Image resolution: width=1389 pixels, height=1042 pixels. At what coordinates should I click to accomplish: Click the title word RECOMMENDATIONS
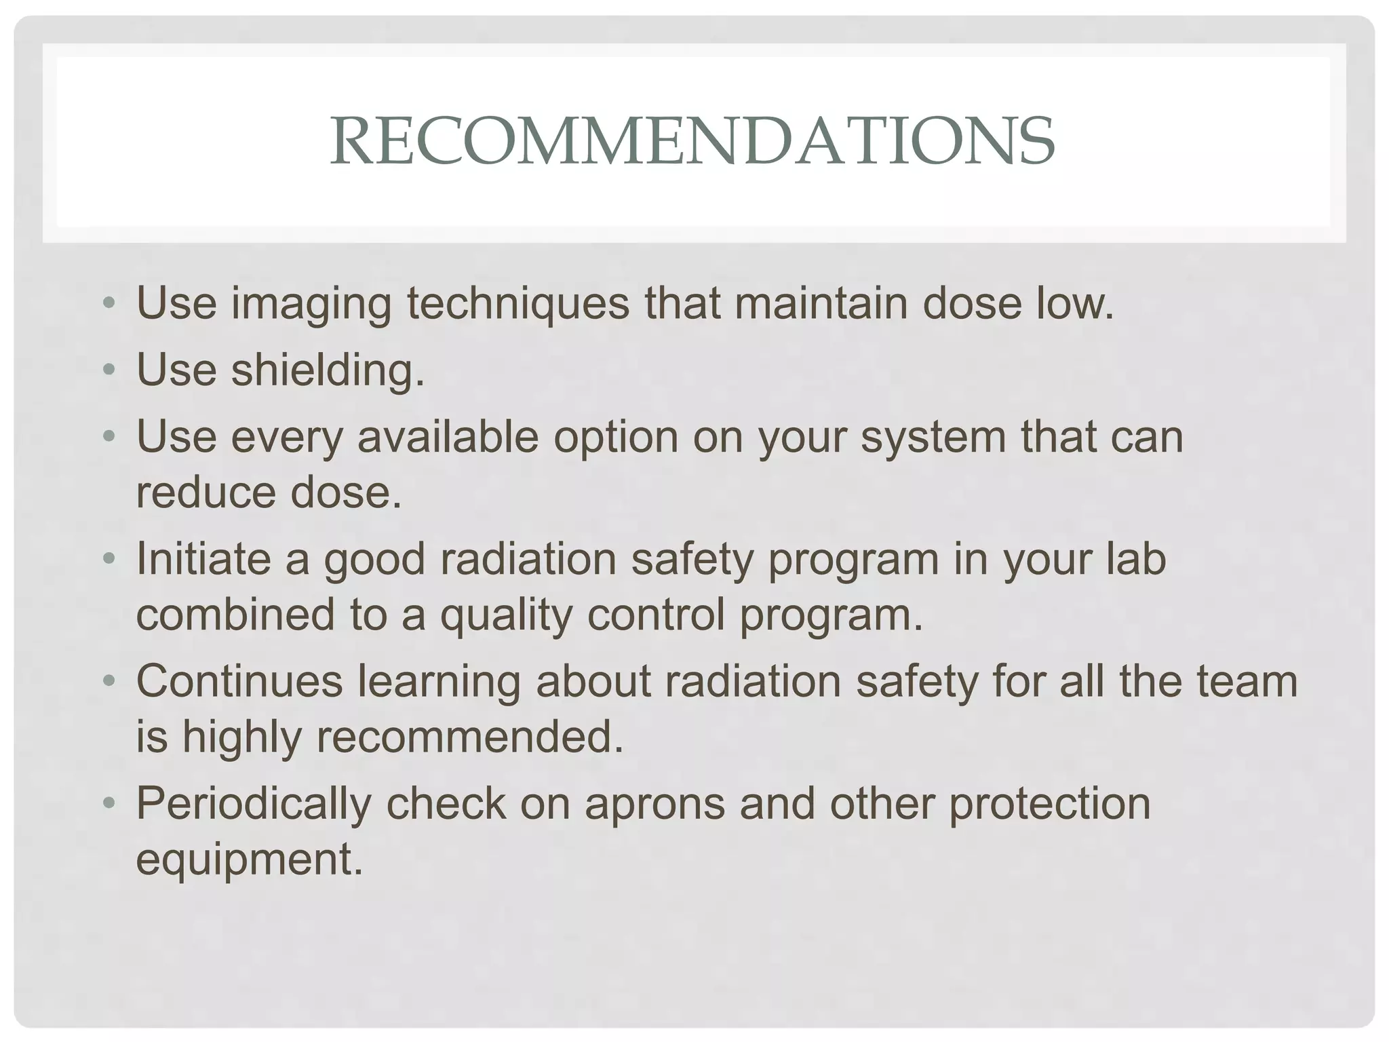[x=692, y=141]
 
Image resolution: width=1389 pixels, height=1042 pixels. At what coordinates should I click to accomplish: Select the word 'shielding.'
[x=328, y=370]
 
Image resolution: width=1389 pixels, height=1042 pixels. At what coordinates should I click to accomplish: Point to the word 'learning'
[x=439, y=682]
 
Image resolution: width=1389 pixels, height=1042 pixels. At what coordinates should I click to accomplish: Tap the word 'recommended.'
[x=469, y=737]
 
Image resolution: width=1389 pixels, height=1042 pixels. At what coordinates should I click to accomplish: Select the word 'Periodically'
[x=254, y=804]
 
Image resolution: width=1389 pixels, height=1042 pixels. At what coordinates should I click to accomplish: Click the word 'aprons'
[x=654, y=805]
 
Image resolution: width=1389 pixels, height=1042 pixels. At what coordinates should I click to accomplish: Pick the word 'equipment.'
[x=250, y=860]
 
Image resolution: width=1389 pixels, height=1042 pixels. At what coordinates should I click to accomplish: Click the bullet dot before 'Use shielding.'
[x=110, y=370]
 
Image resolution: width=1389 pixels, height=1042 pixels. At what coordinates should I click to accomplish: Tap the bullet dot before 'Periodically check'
[x=110, y=804]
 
